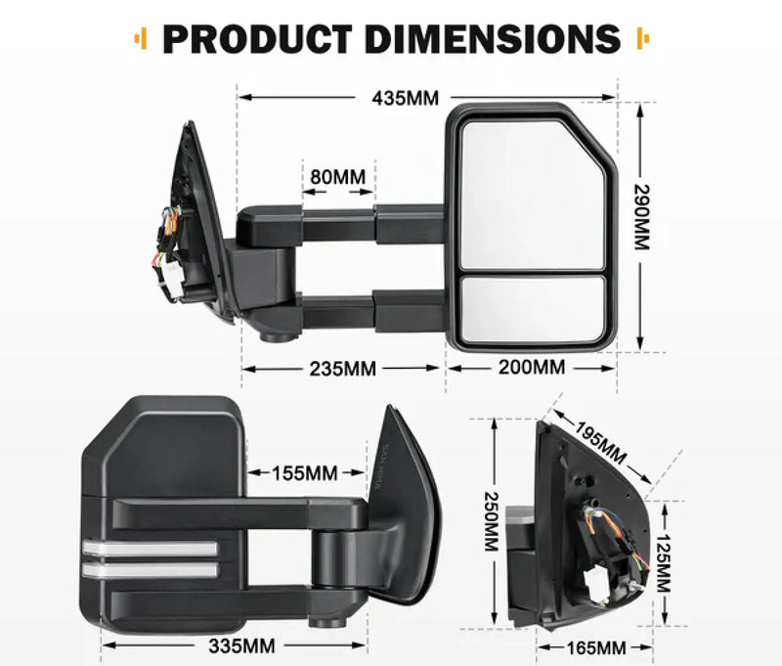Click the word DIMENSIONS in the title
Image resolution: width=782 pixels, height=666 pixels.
pos(491,39)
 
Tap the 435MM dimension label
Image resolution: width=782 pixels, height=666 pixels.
pos(405,97)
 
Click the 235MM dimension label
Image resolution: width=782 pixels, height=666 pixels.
pos(342,369)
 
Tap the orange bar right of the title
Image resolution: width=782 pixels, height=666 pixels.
pos(642,39)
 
